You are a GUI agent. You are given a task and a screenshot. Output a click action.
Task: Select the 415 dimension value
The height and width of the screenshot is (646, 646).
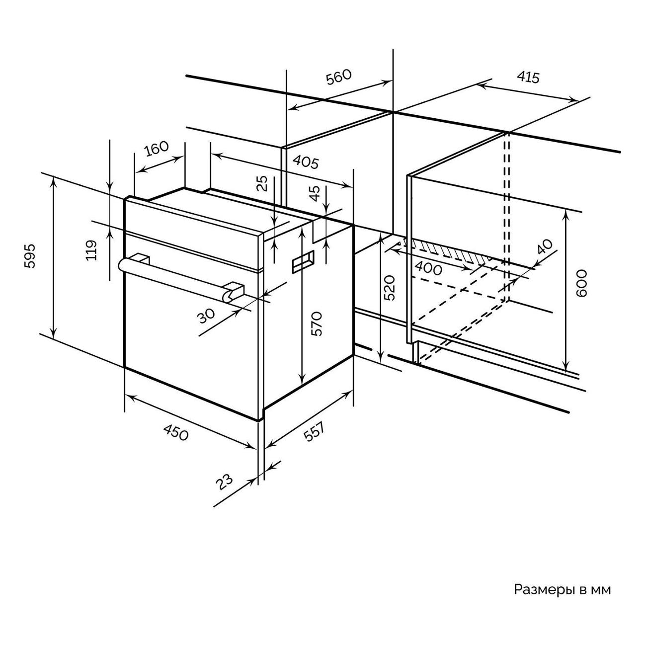(528, 78)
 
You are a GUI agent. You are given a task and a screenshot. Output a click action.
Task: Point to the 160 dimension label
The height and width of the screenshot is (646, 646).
(157, 149)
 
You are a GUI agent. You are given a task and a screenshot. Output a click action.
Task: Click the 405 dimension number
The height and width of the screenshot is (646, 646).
(306, 162)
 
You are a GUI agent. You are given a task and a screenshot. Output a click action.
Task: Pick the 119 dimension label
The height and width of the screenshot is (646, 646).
(91, 250)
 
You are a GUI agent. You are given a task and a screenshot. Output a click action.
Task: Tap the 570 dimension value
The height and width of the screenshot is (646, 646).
(317, 323)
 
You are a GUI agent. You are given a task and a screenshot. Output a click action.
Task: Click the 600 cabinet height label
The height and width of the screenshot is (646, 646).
(582, 283)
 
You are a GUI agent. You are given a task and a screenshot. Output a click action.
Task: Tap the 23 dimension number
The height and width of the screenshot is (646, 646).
(224, 482)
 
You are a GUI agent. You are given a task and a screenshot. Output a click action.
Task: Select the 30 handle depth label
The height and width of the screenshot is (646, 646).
(206, 315)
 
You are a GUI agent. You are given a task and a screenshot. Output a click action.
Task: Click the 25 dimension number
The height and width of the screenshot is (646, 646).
(263, 183)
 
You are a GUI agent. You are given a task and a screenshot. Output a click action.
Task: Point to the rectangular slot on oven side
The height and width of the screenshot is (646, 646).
(304, 261)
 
